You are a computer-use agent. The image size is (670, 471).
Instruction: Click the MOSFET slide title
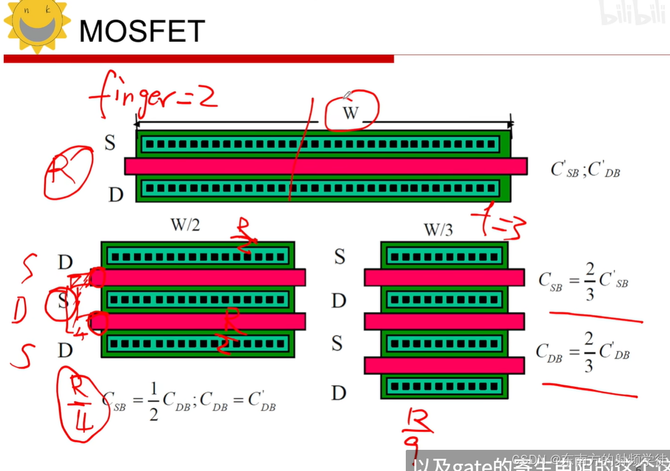coord(142,31)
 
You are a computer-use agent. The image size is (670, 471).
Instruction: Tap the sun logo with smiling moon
coord(36,25)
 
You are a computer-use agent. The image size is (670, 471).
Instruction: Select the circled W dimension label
coord(351,112)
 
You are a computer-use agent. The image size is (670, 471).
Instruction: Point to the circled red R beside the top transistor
coord(68,173)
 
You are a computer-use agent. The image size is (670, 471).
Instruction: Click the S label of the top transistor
coord(110,143)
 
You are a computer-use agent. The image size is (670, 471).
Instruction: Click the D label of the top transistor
coord(115,195)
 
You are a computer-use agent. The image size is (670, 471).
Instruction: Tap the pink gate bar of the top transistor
coord(326,166)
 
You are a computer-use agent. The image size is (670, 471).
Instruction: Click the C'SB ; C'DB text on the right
coord(585,169)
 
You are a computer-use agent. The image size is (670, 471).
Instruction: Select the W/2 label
coord(185,225)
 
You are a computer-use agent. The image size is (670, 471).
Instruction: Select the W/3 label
coord(438,229)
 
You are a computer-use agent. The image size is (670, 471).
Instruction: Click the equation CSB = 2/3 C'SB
coord(583,282)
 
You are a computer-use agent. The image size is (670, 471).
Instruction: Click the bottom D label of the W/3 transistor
coord(338,393)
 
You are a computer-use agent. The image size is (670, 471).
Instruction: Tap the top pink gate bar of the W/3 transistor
coord(444,277)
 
